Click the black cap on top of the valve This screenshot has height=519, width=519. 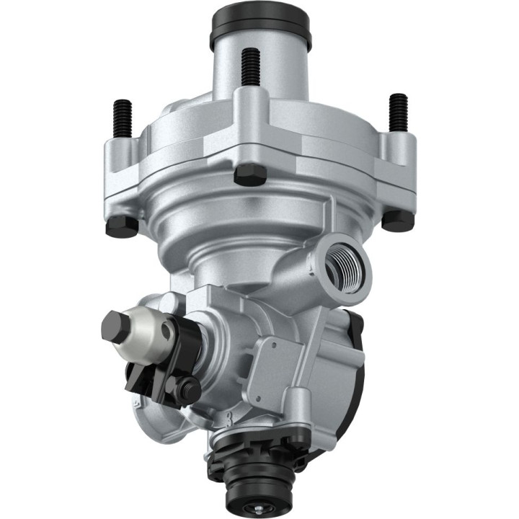[x=260, y=27]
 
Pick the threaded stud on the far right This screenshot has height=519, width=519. [x=398, y=112]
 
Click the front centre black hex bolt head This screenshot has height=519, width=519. [x=250, y=173]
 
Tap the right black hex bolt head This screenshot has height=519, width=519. [x=397, y=220]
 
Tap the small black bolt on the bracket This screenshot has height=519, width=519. [x=189, y=390]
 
